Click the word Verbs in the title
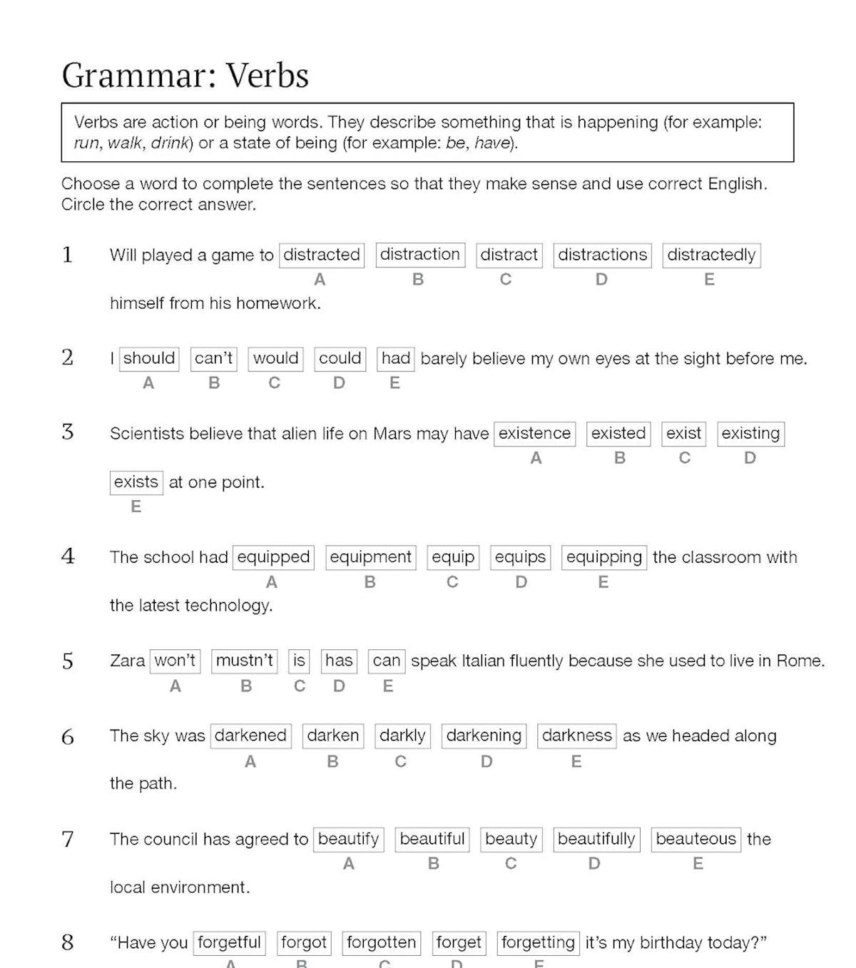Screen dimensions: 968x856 click(x=267, y=76)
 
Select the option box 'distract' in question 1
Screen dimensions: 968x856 click(x=509, y=255)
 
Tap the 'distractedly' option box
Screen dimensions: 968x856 click(x=711, y=255)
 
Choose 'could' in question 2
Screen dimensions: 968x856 click(x=340, y=358)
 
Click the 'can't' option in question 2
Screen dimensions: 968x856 click(x=214, y=358)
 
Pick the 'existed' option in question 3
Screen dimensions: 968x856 click(x=618, y=433)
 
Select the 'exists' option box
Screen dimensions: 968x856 click(x=136, y=482)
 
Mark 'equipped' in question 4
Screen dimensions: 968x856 click(x=273, y=557)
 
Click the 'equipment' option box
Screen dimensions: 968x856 click(x=370, y=557)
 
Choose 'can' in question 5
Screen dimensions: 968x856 click(x=386, y=661)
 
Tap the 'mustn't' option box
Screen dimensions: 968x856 click(x=245, y=661)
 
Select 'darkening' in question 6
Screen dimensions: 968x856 click(x=484, y=735)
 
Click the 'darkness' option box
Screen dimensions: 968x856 click(x=576, y=735)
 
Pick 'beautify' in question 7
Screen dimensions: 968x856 click(x=348, y=839)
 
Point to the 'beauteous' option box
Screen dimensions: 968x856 click(x=695, y=839)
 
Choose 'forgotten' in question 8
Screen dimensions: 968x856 click(x=381, y=942)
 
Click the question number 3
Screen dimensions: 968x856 click(x=68, y=432)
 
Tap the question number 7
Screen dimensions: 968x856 click(x=68, y=839)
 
